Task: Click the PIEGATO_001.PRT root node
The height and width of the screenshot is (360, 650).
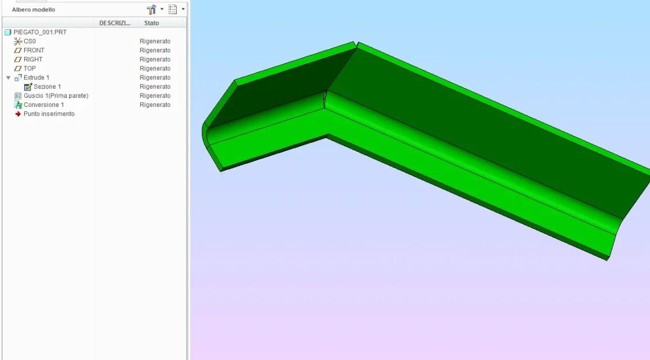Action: click(40, 32)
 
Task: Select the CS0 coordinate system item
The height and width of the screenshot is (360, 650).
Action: click(29, 41)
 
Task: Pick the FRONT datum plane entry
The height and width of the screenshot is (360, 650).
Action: click(34, 50)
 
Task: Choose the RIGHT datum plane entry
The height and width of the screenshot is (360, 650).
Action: click(33, 59)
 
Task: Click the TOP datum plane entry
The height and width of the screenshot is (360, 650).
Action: click(29, 69)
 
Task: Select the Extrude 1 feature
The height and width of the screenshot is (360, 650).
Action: click(36, 78)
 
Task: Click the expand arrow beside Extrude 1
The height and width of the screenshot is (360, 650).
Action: click(8, 78)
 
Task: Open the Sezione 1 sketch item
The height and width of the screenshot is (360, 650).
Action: click(47, 87)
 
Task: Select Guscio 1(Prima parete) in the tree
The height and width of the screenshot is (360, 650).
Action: click(56, 96)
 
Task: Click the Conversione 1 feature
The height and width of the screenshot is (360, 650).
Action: click(43, 105)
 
